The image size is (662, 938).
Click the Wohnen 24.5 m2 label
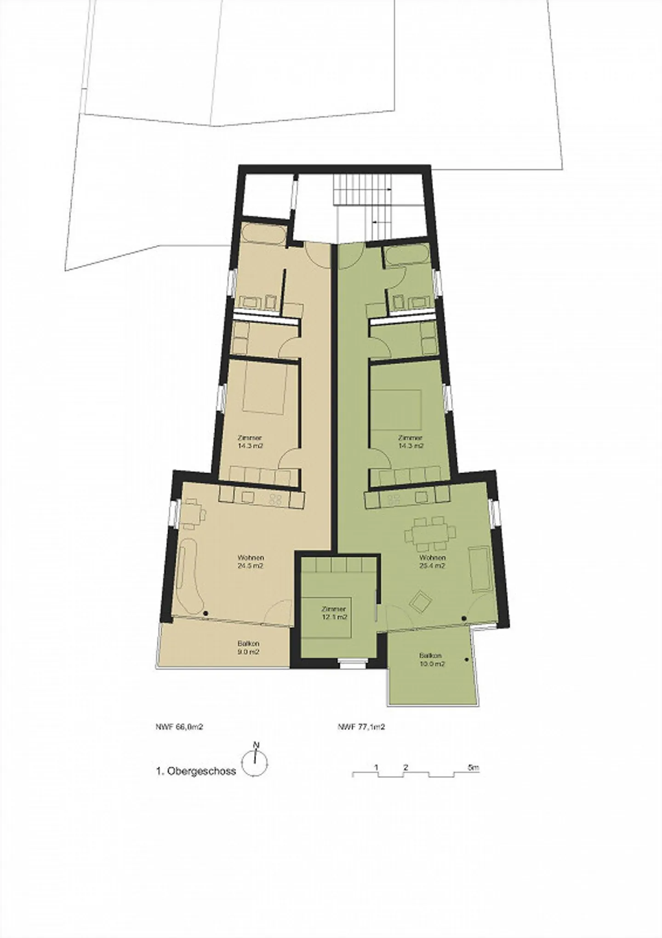(251, 562)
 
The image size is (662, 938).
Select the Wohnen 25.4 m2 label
(432, 562)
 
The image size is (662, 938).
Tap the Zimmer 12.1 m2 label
(334, 613)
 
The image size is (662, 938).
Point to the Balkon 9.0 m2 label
(249, 648)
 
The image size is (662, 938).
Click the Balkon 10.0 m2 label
(431, 660)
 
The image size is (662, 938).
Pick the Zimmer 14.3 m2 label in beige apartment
(251, 442)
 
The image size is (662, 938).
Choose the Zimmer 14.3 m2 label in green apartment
(411, 442)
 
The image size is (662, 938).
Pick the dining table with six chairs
(431, 534)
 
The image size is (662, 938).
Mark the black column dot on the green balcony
(467, 660)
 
